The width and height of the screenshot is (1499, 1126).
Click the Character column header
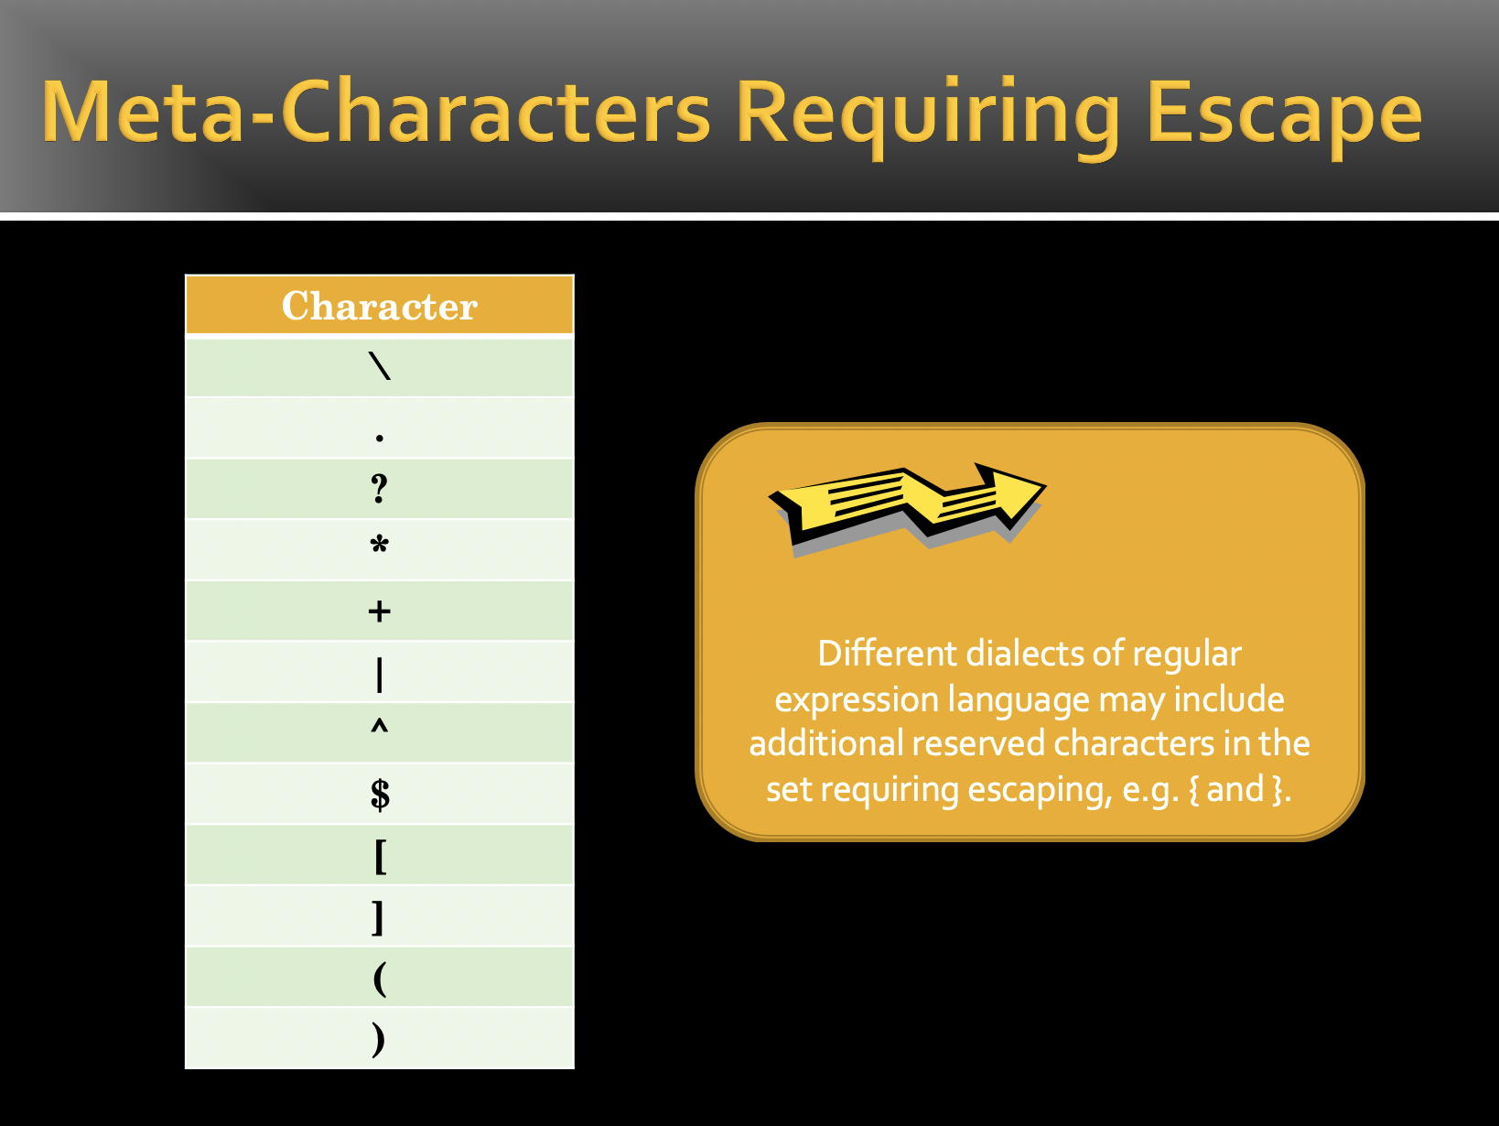pos(380,305)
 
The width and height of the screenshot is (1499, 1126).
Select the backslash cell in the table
pos(380,367)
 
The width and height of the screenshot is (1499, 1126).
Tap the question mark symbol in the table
pos(380,489)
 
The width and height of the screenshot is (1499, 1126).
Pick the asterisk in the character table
pos(380,545)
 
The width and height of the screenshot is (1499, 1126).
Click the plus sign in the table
pos(380,612)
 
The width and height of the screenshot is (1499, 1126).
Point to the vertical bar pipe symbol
pos(380,675)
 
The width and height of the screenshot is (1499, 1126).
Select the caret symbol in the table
pos(380,727)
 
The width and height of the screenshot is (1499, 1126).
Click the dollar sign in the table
pos(380,795)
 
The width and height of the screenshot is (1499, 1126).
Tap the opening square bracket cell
pos(380,856)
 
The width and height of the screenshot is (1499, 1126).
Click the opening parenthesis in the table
pos(380,980)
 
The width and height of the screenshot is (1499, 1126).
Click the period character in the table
pos(380,438)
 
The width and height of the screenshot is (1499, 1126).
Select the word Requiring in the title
pos(927,116)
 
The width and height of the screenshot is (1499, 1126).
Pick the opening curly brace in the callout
pos(1193,790)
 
